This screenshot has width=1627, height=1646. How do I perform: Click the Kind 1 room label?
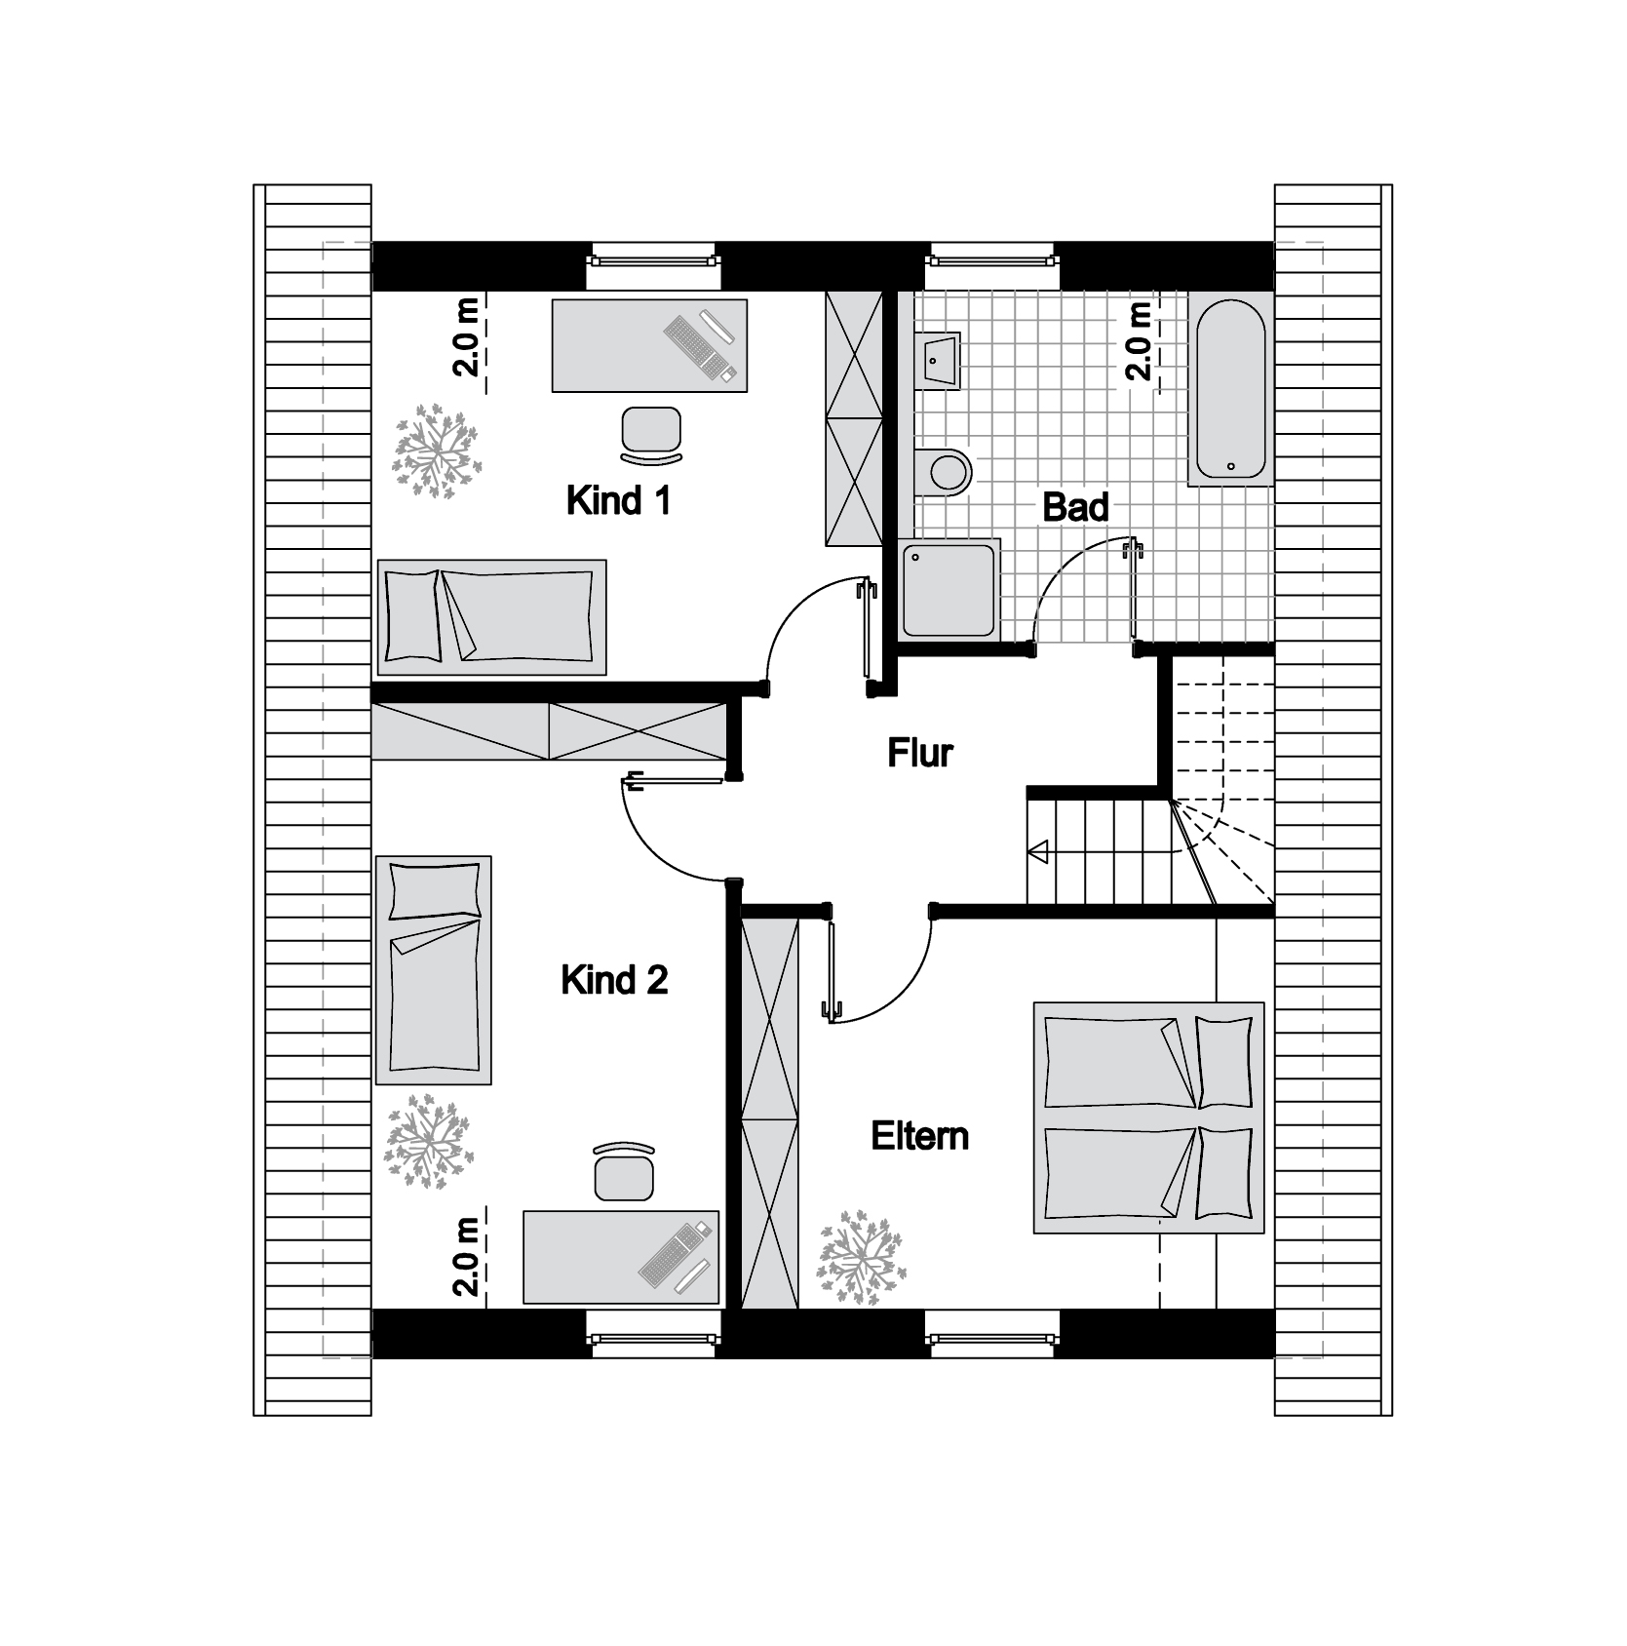pyautogui.click(x=618, y=501)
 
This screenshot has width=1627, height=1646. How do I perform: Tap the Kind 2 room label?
pyautogui.click(x=614, y=980)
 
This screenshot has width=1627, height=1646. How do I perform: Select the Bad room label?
pyautogui.click(x=1075, y=507)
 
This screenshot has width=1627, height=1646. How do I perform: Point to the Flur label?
pyautogui.click(x=919, y=753)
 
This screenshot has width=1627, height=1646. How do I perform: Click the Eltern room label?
pyautogui.click(x=919, y=1136)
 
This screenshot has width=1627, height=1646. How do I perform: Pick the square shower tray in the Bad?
pyautogui.click(x=949, y=591)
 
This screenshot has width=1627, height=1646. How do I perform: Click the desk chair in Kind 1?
pyautogui.click(x=651, y=434)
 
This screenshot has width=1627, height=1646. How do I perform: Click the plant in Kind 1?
pyautogui.click(x=437, y=451)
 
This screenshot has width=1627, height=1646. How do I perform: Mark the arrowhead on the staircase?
pyautogui.click(x=1037, y=853)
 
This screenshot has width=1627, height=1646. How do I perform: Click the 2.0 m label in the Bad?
pyautogui.click(x=1139, y=340)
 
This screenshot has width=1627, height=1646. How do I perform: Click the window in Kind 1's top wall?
pyautogui.click(x=652, y=260)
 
